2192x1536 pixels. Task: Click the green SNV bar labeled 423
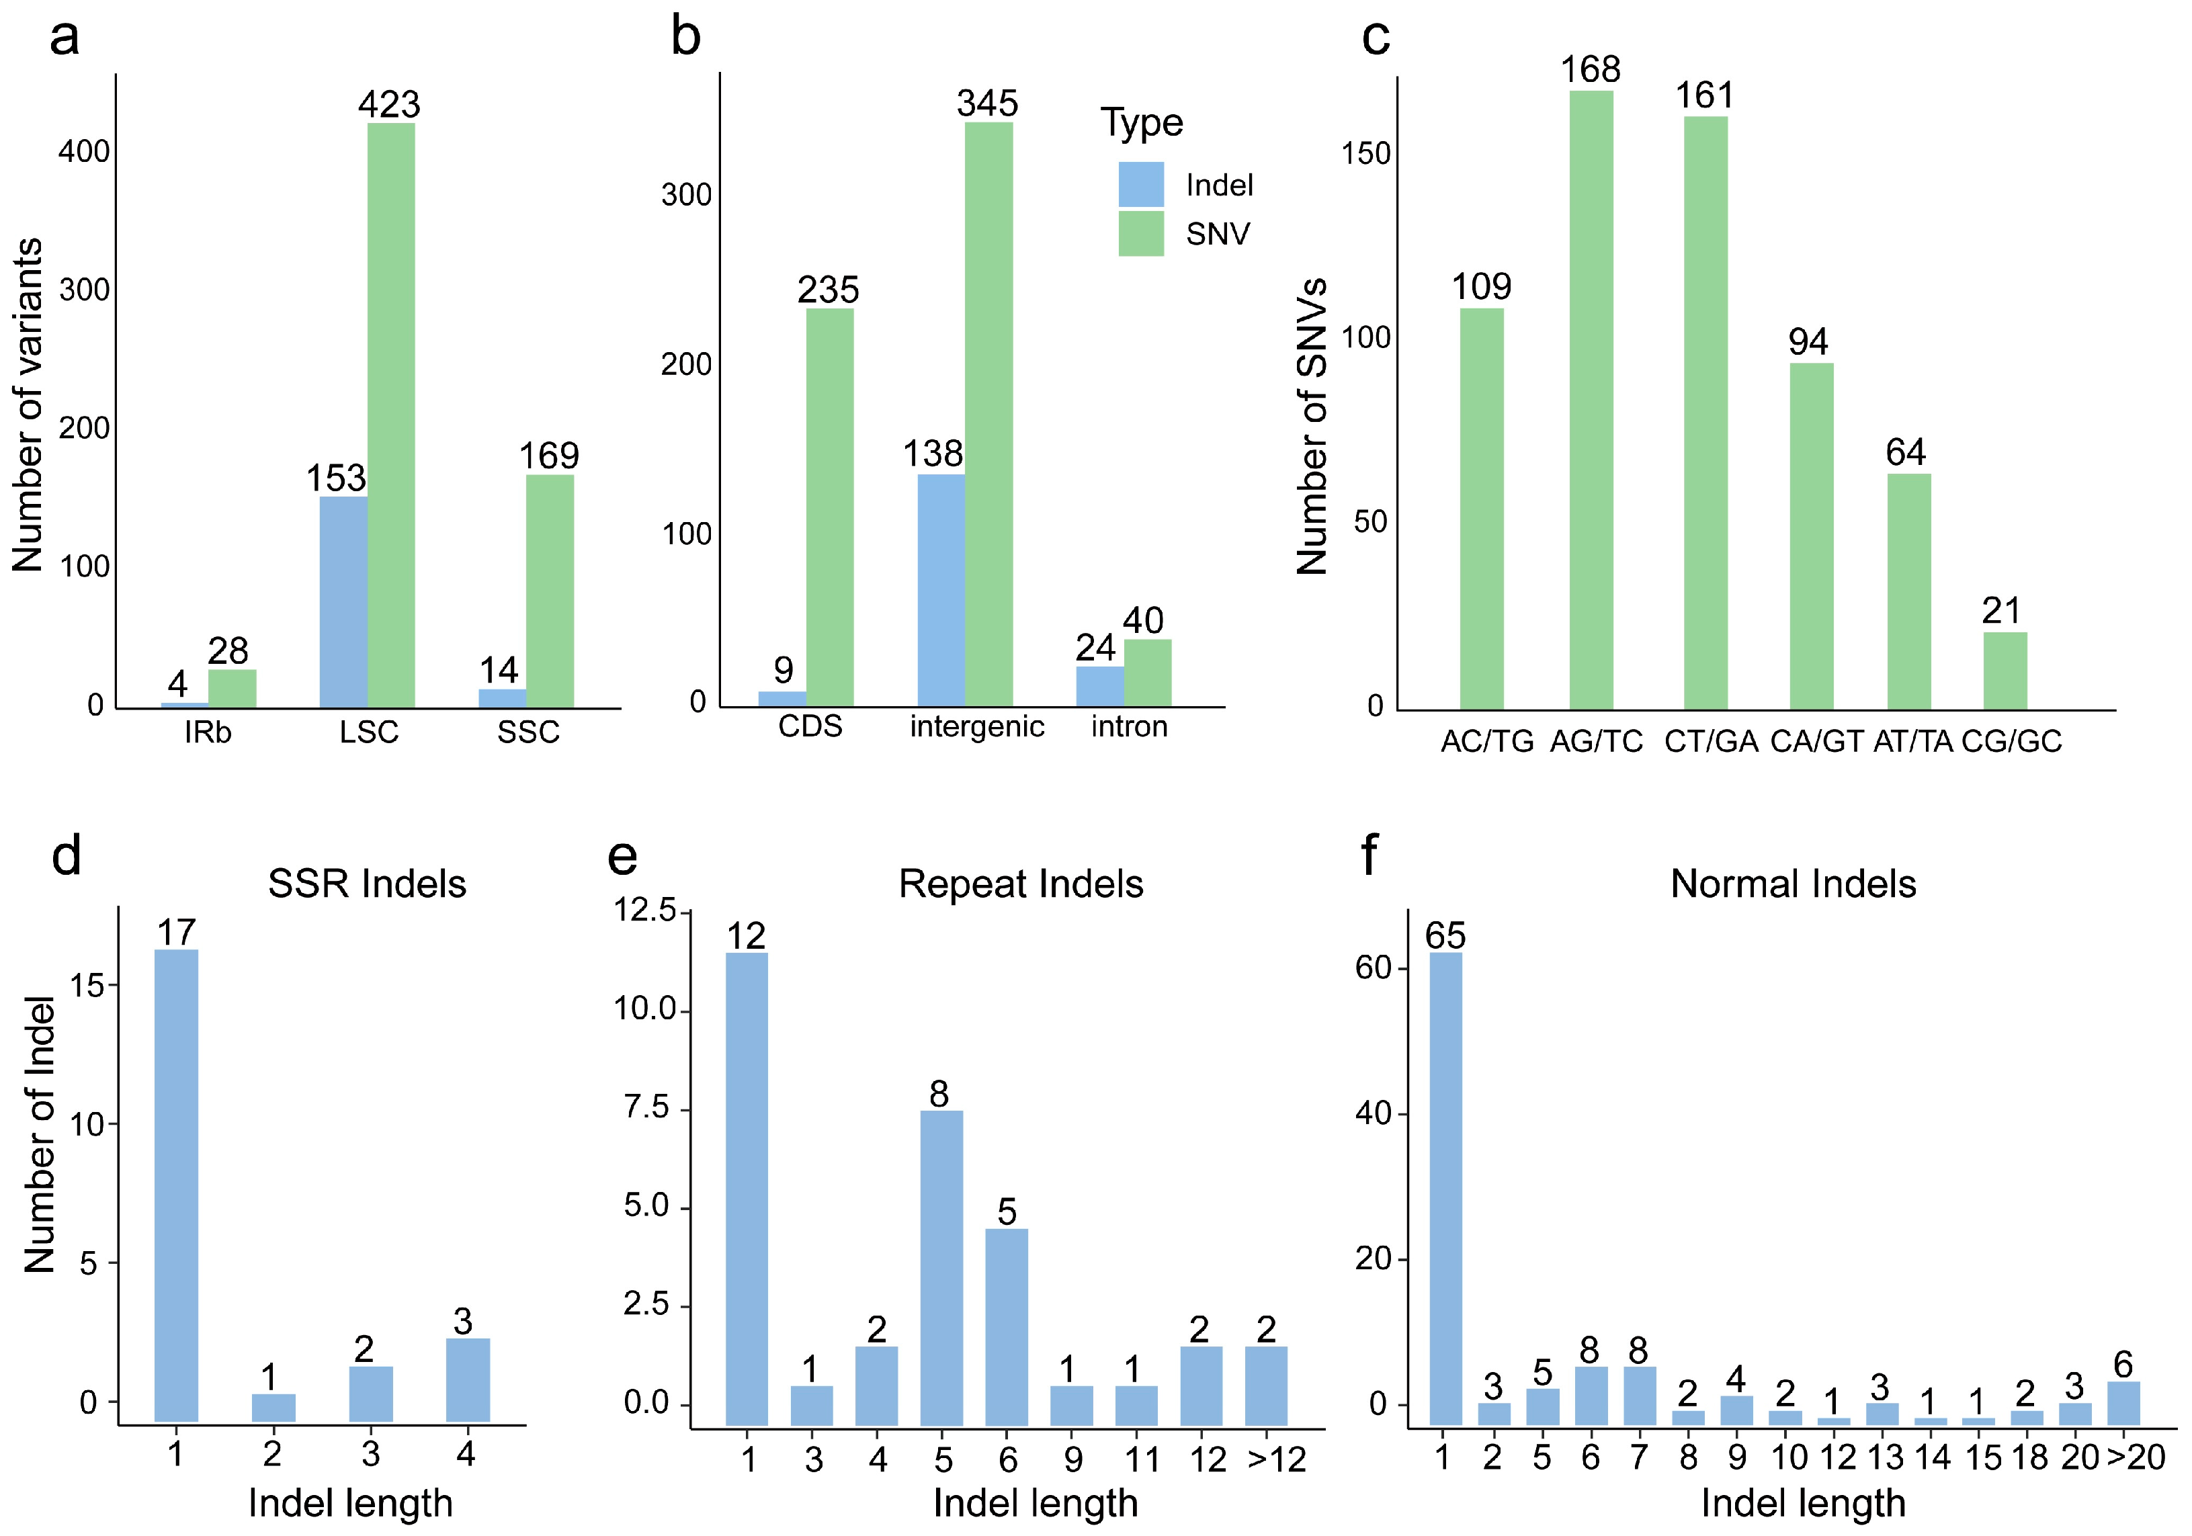pos(390,415)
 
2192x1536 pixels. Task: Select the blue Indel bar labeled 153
pos(343,602)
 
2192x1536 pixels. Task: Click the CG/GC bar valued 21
pos(2005,671)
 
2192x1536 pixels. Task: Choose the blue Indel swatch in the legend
pos(1141,184)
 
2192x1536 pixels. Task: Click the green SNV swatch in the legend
pos(1141,234)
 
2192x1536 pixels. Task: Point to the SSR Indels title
pos(368,884)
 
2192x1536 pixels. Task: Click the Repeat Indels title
pos(1021,885)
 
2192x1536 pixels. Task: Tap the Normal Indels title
pos(1793,885)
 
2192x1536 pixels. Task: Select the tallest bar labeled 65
pos(1445,1189)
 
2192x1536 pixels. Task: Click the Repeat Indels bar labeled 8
pos(941,1269)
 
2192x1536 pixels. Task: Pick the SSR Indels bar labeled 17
pos(177,1186)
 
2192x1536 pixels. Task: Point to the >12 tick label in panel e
pos(1277,1459)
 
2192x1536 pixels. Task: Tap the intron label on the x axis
pos(1130,726)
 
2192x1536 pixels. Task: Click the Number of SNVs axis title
pos(1313,427)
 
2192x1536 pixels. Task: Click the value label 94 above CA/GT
pos(1808,342)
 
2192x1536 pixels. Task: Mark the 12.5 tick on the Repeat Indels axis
pos(644,910)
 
